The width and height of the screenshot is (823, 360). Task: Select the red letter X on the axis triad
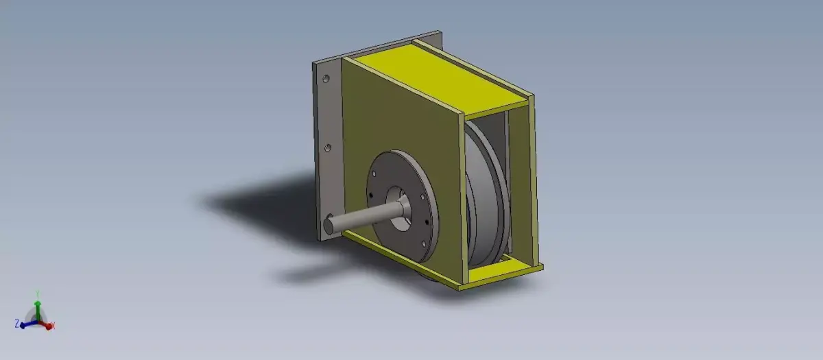(53, 326)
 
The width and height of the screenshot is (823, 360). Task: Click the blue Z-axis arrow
(25, 322)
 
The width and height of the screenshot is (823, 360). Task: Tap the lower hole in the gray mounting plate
(328, 147)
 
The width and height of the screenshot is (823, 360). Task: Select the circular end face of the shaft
(329, 224)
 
